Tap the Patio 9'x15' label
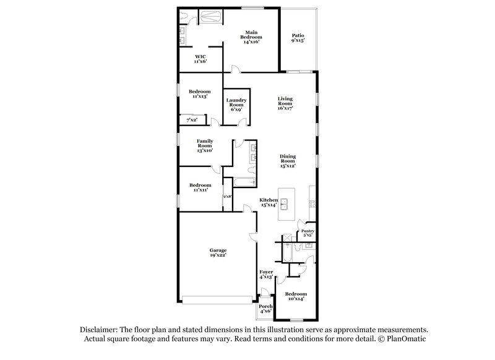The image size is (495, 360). (x=298, y=38)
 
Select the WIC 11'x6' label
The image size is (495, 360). (x=200, y=59)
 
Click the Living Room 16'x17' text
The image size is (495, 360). (x=285, y=103)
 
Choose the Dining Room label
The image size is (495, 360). (x=286, y=161)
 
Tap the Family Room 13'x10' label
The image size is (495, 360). (x=205, y=145)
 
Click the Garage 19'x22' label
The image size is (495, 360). (x=218, y=252)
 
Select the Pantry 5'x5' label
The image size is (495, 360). (x=308, y=233)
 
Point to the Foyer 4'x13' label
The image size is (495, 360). (x=265, y=274)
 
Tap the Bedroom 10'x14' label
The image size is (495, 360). (x=295, y=296)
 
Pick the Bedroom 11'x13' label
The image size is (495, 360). (x=199, y=93)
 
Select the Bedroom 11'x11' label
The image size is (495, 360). (x=200, y=187)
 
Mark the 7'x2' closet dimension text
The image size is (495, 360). (x=191, y=119)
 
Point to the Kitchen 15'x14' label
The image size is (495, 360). (x=269, y=202)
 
